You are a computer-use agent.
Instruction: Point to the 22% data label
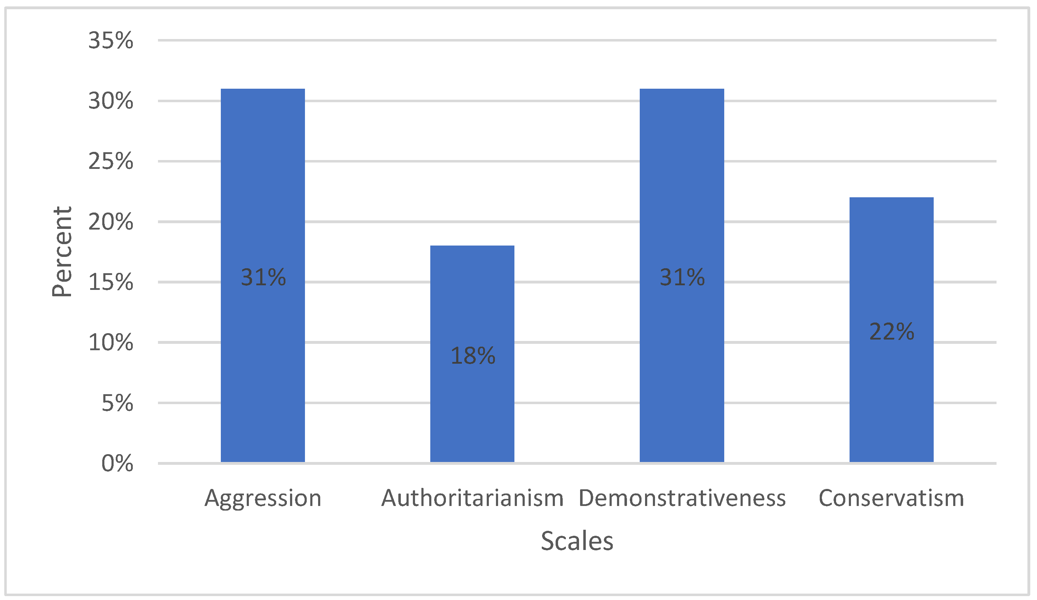(891, 331)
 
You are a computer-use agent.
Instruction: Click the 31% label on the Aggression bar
(263, 277)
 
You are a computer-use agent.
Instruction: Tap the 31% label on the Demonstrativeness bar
(682, 277)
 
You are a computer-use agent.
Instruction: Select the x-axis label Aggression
(263, 499)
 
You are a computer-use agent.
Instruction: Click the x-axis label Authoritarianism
(472, 499)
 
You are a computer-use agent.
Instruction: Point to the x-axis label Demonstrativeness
(682, 499)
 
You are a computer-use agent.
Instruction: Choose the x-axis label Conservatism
(891, 499)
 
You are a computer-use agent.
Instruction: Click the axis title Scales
(577, 541)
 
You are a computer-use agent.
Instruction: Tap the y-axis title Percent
(62, 252)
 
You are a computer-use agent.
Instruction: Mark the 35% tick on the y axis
(111, 41)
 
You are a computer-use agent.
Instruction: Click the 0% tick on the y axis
(117, 463)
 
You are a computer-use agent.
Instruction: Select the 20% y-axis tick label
(111, 222)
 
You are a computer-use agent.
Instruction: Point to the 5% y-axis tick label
(117, 403)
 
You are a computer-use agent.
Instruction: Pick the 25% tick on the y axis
(111, 161)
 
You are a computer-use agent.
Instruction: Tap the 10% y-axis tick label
(111, 342)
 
